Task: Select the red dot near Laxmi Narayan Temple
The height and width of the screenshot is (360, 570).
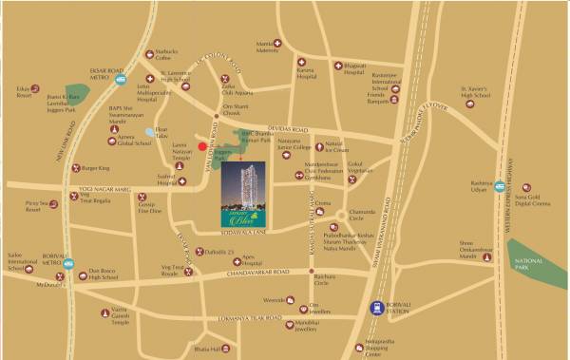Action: (x=202, y=145)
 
